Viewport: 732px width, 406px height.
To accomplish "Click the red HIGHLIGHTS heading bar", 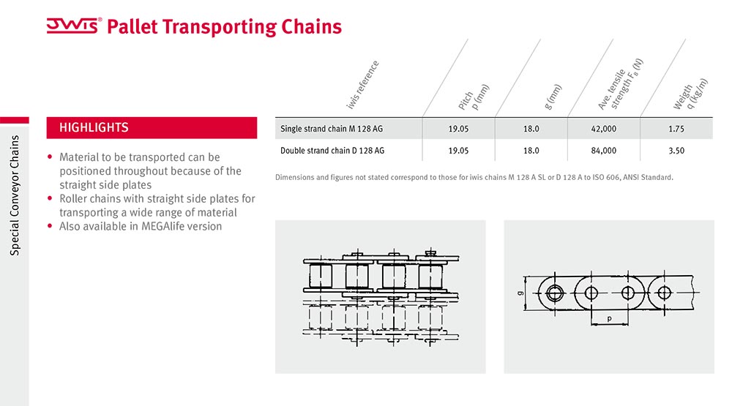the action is pos(152,127).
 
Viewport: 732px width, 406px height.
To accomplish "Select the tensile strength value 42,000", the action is pos(604,129).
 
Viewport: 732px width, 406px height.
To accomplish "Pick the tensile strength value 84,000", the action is pos(604,151).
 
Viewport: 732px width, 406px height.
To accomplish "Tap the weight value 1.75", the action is pos(676,129).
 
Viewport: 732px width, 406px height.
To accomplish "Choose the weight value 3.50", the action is pos(676,151).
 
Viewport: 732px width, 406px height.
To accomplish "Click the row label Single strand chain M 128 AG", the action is pos(332,129).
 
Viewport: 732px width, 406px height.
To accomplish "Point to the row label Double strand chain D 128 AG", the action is pos(332,151).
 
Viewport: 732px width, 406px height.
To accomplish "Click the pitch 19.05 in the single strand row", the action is pos(458,129).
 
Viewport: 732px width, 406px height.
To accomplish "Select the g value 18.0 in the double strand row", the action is pos(531,151).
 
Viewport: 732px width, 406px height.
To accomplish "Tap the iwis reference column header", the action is pos(362,85).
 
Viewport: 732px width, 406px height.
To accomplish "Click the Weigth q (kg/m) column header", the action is pos(690,94).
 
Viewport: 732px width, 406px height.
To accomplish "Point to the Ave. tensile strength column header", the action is pos(621,84).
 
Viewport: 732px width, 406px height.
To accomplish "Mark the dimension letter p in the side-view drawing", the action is pos(609,319).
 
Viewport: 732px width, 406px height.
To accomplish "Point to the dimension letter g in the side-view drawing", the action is pos(520,293).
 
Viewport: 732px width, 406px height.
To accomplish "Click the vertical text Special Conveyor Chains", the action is pos(15,195).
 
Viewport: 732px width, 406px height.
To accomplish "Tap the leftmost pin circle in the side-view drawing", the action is pos(555,293).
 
